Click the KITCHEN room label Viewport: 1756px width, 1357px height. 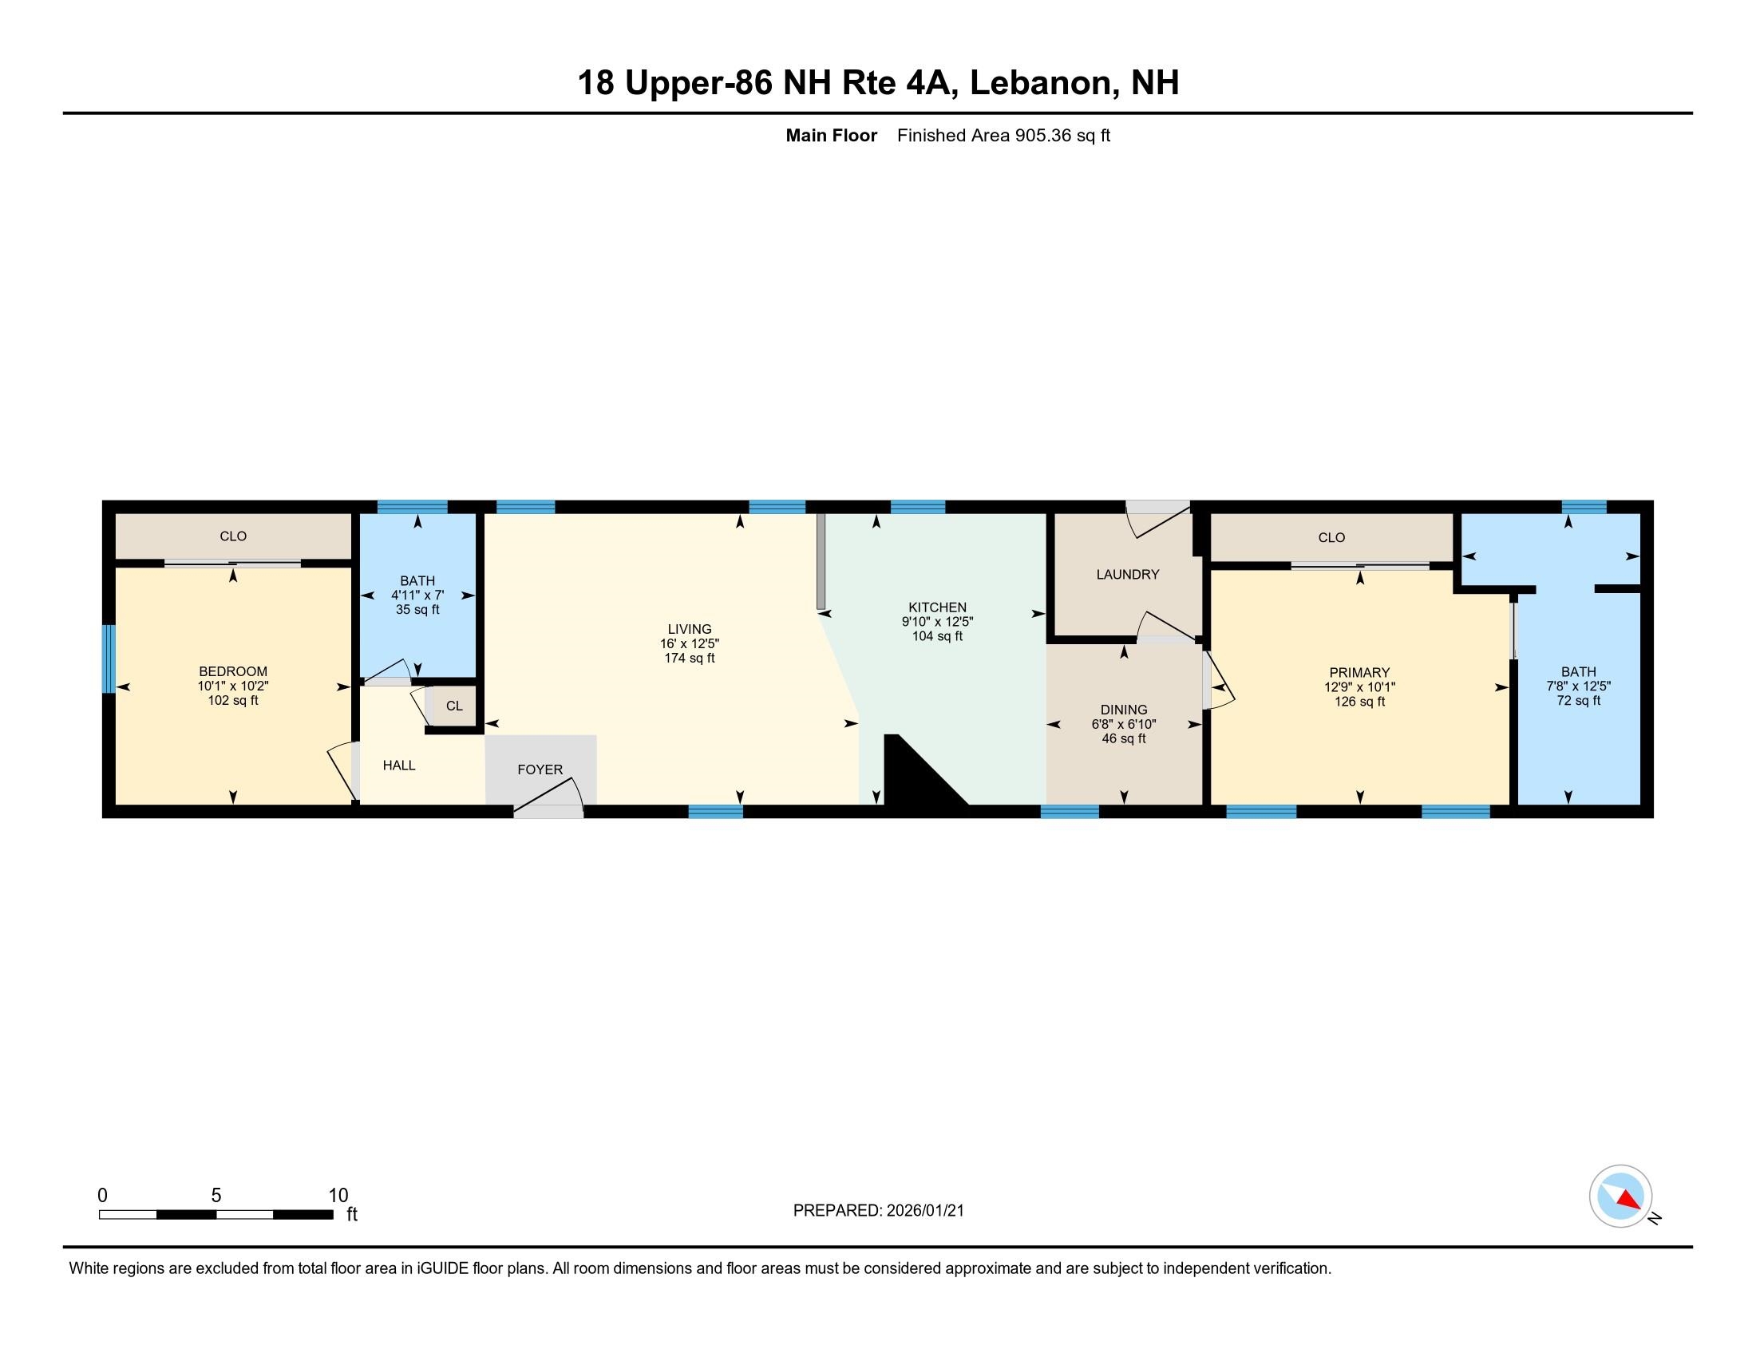coord(937,607)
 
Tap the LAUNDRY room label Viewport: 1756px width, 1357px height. coord(1127,574)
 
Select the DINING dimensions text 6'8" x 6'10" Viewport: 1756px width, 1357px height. coord(1123,723)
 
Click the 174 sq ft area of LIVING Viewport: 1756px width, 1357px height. coord(689,658)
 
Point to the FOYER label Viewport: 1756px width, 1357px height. coord(540,769)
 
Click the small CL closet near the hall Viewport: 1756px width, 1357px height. coord(454,706)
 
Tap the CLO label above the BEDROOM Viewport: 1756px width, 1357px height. coord(233,536)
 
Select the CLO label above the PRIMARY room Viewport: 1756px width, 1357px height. coord(1331,537)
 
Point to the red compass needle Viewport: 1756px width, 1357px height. coord(1628,1200)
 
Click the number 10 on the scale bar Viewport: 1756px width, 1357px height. coord(338,1196)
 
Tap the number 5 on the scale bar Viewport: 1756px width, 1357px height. coord(216,1196)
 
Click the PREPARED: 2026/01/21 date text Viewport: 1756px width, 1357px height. coord(878,1210)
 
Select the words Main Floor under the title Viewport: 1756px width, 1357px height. coord(831,136)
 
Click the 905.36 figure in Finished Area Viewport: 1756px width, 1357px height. coord(1043,136)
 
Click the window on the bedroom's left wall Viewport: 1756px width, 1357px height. coord(108,659)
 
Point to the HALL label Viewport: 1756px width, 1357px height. coord(399,766)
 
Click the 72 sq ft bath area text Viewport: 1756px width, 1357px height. coord(1577,700)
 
